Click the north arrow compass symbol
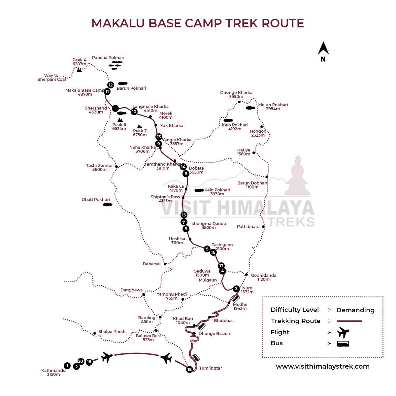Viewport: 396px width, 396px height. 323,49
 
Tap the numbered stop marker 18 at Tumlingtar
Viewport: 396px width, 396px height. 189,369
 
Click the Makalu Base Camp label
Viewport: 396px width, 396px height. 84,90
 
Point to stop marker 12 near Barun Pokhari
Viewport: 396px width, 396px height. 111,85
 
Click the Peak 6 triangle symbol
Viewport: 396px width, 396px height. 120,120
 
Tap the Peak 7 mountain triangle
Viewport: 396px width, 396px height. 140,126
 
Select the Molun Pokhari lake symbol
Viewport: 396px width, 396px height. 250,108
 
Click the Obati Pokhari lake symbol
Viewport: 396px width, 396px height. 107,205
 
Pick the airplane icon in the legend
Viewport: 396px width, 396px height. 343,332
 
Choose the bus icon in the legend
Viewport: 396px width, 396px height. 343,344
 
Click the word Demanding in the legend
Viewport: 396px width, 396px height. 355,310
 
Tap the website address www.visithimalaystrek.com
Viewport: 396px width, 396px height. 322,366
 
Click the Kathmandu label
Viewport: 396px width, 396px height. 53,371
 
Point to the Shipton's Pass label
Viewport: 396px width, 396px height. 165,197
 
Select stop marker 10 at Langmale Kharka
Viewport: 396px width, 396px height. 134,112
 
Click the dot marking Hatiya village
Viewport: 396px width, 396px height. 254,152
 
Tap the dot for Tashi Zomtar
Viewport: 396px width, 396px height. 116,167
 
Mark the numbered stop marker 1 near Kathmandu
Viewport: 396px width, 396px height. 67,366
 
